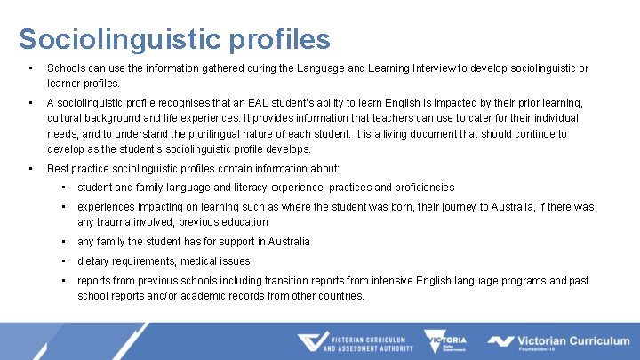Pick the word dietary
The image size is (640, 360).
95,261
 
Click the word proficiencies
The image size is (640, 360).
420,188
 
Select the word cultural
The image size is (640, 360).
67,118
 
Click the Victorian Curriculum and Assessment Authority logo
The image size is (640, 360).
356,342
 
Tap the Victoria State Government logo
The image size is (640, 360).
447,342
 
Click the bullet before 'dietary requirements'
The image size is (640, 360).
65,261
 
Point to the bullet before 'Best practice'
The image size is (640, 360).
31,168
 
